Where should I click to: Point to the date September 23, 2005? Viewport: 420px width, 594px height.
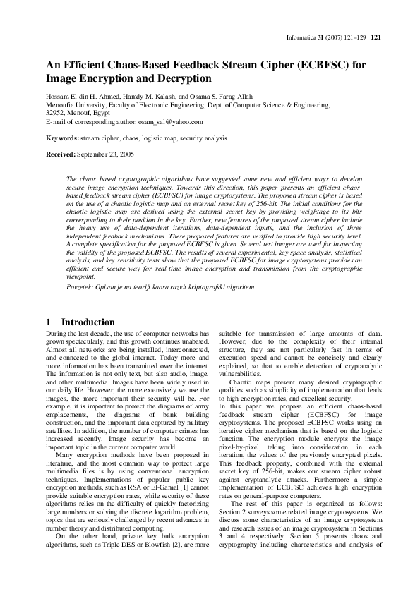coord(104,153)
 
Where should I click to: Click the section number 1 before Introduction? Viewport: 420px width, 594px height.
coord(47,322)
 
